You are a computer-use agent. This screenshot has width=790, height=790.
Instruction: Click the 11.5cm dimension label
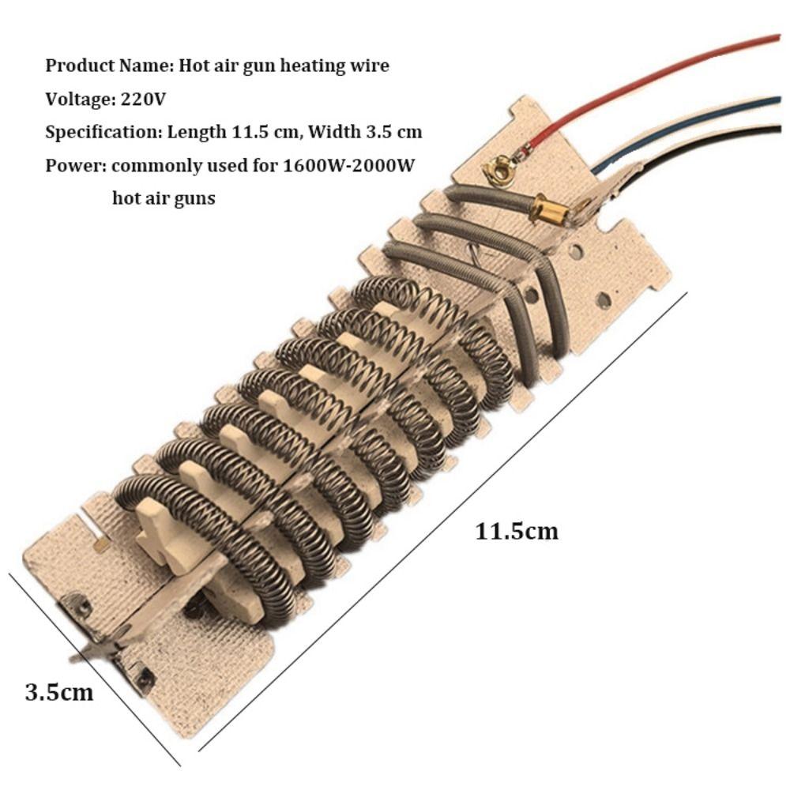coord(516,531)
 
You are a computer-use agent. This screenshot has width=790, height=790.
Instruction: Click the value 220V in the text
coord(143,100)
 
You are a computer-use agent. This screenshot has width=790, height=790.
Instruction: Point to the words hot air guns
coord(164,198)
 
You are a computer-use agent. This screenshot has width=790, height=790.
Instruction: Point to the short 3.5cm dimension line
coord(95,668)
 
